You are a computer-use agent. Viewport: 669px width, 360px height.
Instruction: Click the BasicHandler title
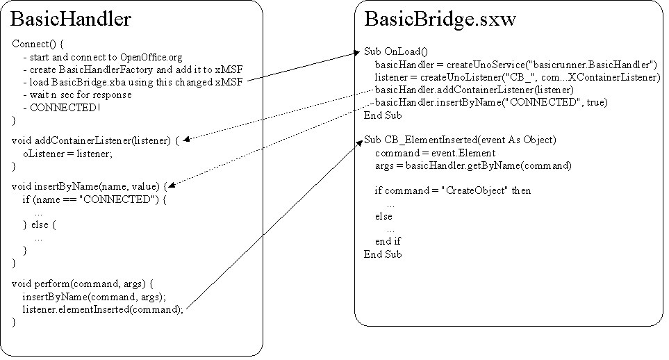pos(71,19)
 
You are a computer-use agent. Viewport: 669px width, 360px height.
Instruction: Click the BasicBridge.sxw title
pos(440,19)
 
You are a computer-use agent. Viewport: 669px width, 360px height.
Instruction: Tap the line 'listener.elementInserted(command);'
pos(103,309)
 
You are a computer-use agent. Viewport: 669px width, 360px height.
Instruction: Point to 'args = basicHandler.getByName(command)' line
pos(473,165)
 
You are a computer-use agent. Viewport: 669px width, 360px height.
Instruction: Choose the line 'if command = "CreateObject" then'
pos(452,190)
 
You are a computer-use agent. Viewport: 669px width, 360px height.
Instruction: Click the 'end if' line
pos(388,241)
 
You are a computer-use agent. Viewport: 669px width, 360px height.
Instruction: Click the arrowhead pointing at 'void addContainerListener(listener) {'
pos(186,140)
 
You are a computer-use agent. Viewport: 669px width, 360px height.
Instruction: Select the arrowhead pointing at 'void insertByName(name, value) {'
pos(172,186)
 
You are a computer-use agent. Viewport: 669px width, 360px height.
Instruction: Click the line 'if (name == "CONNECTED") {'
pos(94,199)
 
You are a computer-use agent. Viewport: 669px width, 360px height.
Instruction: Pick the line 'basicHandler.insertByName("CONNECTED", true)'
pos(490,102)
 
